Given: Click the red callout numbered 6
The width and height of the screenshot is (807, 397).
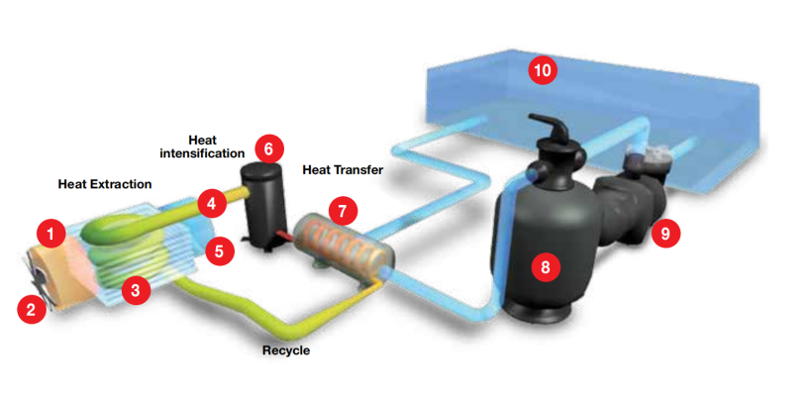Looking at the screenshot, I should pos(266,149).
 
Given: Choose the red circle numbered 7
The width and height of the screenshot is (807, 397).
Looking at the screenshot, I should pos(344,210).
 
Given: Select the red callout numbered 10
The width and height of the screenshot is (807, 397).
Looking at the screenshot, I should pos(542,69).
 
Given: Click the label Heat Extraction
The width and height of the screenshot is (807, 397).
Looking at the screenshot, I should pos(104,184).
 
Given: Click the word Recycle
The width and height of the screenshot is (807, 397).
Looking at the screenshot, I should pos(287,349).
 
